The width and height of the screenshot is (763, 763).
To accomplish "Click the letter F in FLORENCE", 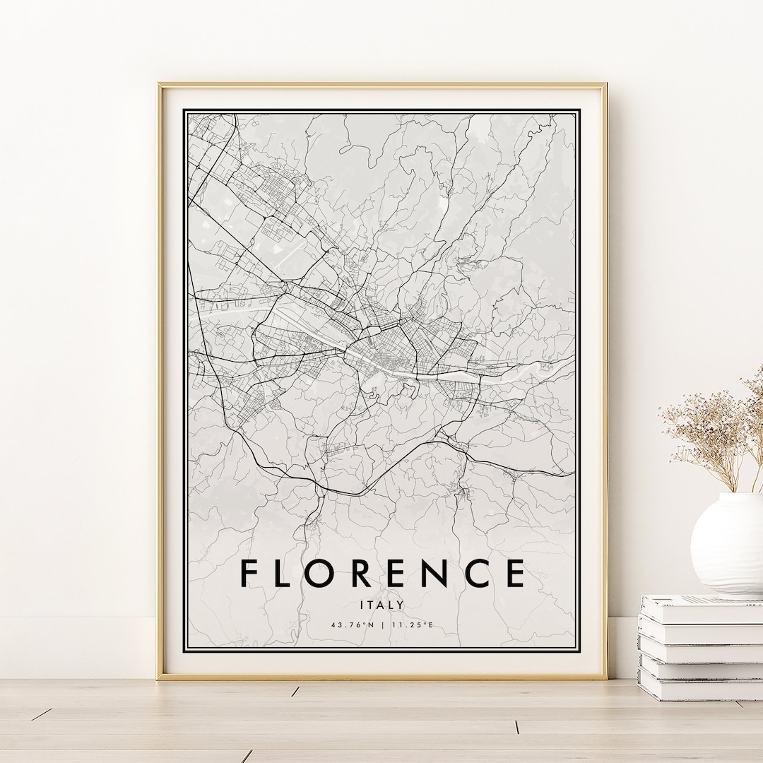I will pos(249,573).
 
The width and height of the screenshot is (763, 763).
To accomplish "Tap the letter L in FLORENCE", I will pos(289,573).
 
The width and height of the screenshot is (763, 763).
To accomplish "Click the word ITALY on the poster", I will pos(381,605).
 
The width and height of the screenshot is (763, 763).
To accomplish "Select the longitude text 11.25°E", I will pos(411,625).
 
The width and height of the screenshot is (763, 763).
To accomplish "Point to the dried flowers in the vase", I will pos(714,431).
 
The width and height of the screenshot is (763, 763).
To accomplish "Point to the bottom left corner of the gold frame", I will pos(160,678).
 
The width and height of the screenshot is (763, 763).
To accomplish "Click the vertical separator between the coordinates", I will pos(381,625).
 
